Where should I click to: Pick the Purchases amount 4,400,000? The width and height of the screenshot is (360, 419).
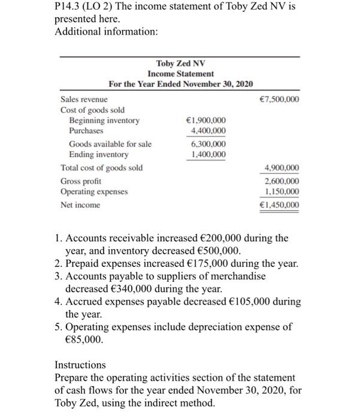[208, 130]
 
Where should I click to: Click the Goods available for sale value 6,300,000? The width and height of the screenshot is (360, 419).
[208, 144]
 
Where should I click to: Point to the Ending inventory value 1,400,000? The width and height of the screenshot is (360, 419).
[208, 154]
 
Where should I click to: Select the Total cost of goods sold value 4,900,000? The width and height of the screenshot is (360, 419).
[279, 168]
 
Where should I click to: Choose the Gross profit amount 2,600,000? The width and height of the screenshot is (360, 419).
[279, 181]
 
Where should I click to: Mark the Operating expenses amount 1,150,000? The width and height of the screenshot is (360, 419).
[279, 192]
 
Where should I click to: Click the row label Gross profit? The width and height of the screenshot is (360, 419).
[81, 181]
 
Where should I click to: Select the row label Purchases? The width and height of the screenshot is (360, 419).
[86, 130]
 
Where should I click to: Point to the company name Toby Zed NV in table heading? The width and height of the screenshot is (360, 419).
[180, 63]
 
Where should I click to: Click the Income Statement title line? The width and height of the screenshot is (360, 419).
[180, 73]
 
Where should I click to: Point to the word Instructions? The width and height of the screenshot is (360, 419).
[80, 365]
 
